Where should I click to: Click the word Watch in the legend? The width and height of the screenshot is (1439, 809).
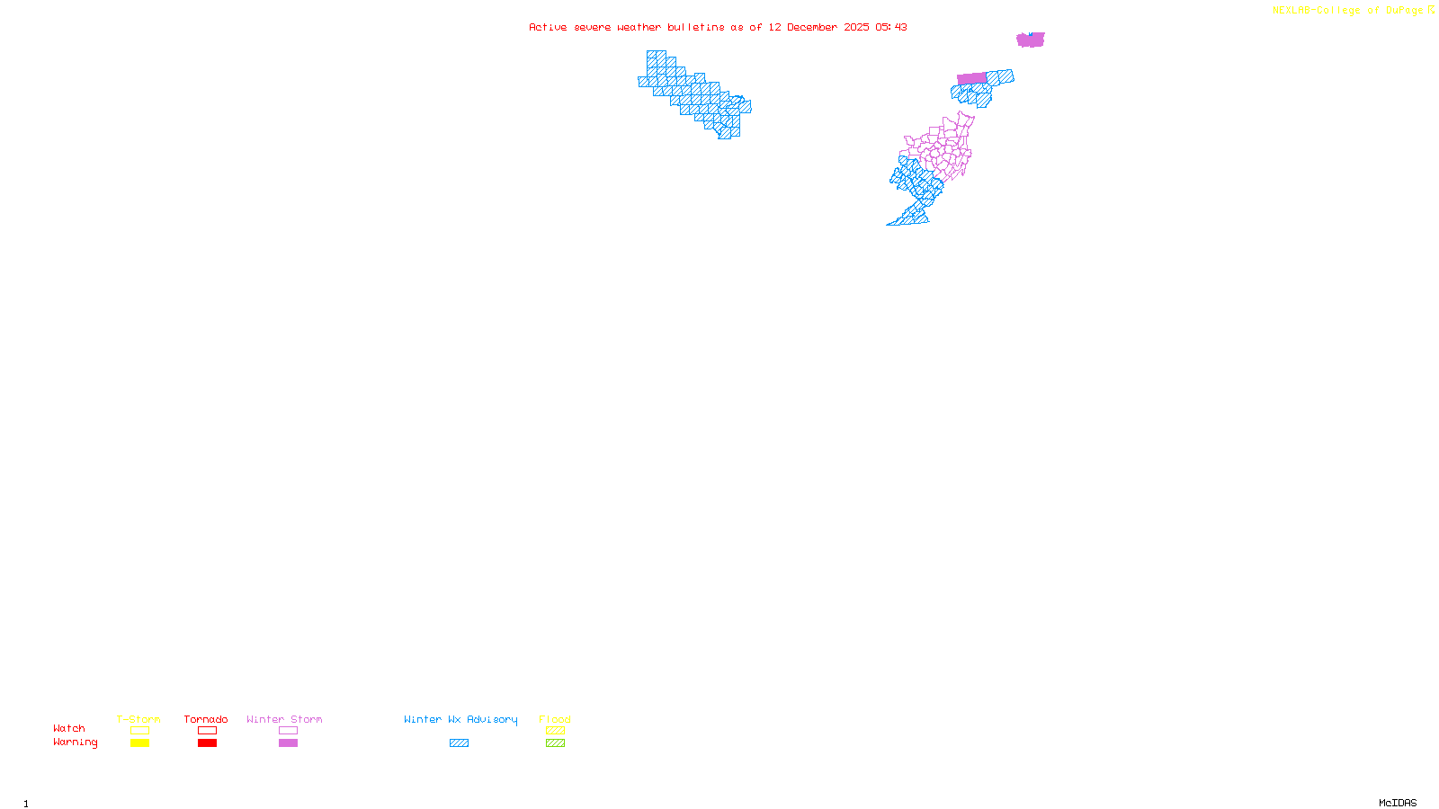click(x=69, y=729)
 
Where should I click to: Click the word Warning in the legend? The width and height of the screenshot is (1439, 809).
click(x=75, y=742)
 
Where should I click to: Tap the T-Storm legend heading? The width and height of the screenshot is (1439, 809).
click(x=139, y=719)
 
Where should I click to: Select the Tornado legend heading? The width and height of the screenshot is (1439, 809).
click(x=206, y=719)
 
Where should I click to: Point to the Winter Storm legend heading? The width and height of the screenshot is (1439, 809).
click(x=284, y=719)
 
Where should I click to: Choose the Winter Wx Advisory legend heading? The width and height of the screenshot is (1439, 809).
click(x=460, y=719)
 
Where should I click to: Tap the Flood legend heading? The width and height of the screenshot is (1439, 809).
click(x=555, y=719)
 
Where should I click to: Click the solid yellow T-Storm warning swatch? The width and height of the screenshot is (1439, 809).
click(x=139, y=743)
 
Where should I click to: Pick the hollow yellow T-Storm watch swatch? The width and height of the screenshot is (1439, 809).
click(x=139, y=731)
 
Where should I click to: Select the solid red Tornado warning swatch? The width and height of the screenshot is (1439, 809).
click(x=207, y=743)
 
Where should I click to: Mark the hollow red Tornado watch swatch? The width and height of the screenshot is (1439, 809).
click(x=207, y=731)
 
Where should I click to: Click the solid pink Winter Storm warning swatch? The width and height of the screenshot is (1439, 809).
click(x=288, y=743)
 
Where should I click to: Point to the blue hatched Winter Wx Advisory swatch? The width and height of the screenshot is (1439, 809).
click(x=459, y=743)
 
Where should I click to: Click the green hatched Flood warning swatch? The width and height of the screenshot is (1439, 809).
click(x=555, y=743)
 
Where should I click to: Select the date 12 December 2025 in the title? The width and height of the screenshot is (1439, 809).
click(x=818, y=28)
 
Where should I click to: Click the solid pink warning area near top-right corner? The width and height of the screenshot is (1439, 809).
click(x=1030, y=40)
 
